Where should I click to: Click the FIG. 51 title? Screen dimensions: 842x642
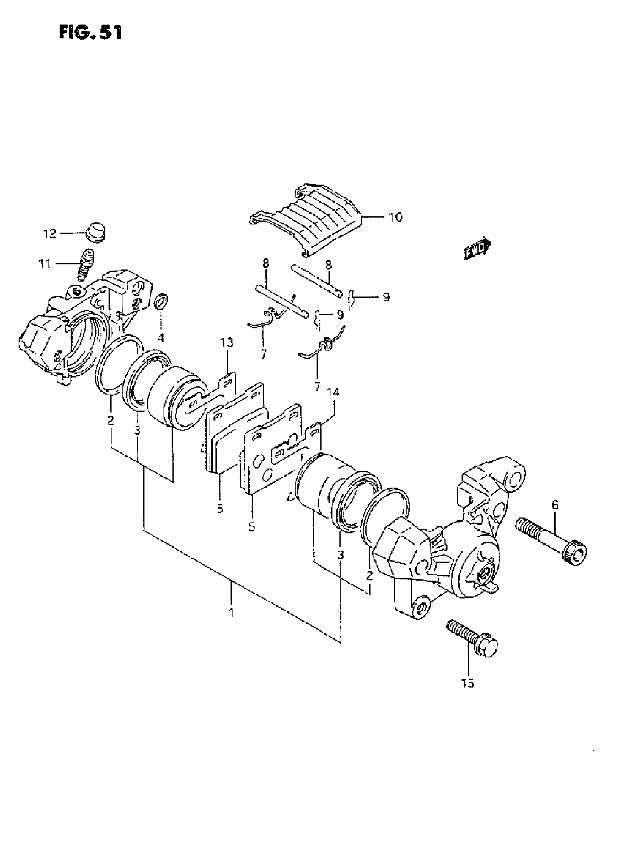(x=91, y=32)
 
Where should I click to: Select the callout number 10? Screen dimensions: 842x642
(x=395, y=218)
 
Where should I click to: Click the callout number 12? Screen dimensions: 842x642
(x=49, y=234)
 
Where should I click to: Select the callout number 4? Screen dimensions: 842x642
(x=160, y=338)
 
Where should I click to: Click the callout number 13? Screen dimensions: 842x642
(x=227, y=343)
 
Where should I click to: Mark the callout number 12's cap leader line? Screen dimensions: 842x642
(x=71, y=233)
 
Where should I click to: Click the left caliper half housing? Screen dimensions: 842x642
(x=76, y=329)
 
